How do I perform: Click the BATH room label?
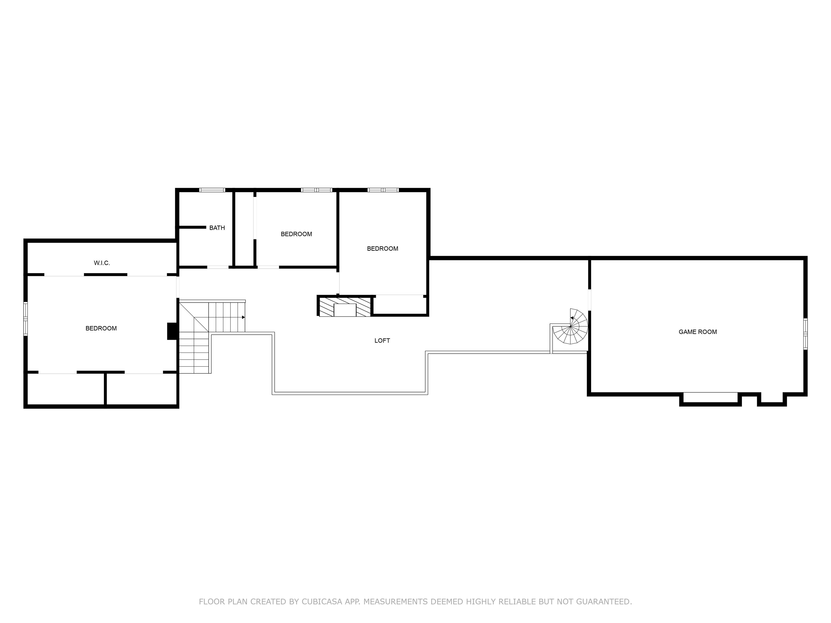point(217,228)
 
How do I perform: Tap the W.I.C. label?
point(102,263)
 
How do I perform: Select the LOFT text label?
point(382,341)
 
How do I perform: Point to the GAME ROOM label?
point(698,332)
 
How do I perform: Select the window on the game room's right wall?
point(805,334)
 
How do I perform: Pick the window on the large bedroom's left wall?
point(25,319)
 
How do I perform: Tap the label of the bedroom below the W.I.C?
point(101,329)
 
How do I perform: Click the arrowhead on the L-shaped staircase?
point(243,317)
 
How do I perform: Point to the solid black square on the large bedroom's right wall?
point(172,331)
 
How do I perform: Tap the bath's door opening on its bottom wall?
point(218,267)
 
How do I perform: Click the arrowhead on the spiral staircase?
point(572,318)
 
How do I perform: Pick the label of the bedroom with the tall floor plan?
point(382,248)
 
